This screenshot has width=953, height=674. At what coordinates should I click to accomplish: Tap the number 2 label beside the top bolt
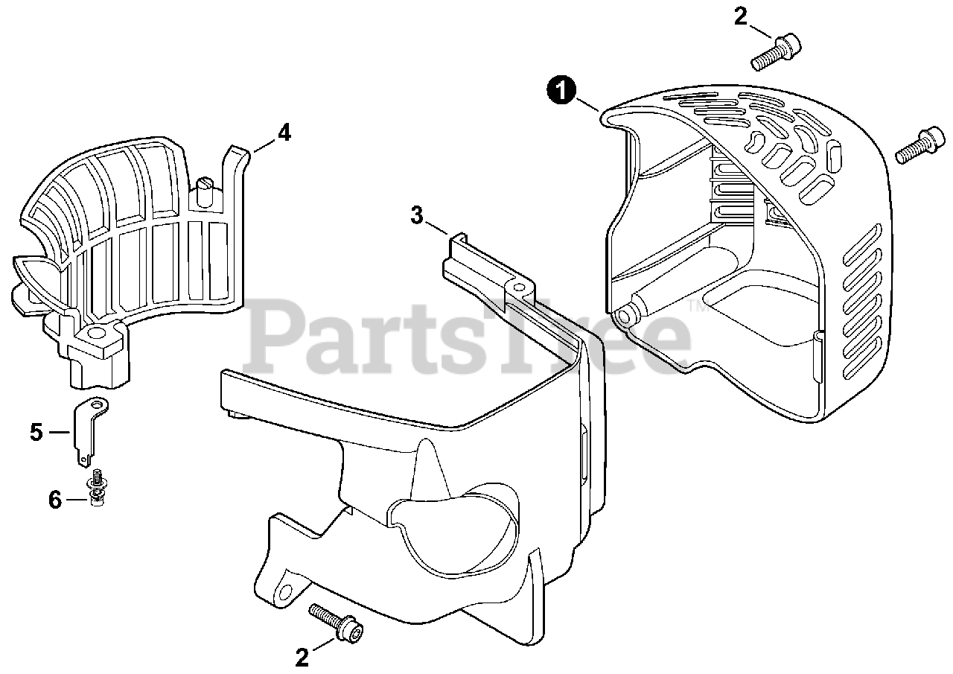740,16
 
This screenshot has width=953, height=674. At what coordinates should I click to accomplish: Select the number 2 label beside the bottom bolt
302,657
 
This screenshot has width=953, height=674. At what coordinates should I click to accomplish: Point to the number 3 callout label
417,216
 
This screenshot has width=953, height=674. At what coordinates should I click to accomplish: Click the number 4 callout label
284,133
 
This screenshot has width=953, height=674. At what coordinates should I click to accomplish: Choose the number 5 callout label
36,432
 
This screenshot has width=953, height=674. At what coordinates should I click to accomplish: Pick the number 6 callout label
55,500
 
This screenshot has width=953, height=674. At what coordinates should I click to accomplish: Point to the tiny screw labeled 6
95,488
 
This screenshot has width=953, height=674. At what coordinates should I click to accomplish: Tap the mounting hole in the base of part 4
95,330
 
